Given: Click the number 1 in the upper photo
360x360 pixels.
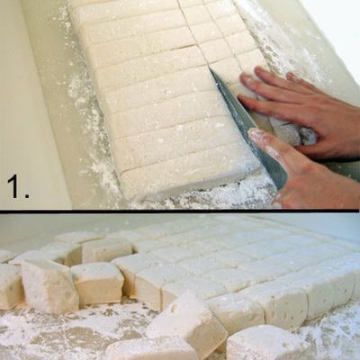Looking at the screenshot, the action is coord(14,186).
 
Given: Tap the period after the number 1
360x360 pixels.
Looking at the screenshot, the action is coord(27,194).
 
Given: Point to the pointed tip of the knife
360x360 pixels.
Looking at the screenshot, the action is coord(209,68).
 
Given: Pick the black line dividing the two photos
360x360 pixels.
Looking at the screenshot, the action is coord(180,211).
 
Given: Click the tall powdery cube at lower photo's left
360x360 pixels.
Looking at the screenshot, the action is coord(48,285).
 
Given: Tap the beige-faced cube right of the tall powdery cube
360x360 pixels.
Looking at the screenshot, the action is coord(97,283).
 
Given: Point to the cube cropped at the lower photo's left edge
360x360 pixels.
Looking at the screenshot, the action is coord(9,285).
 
